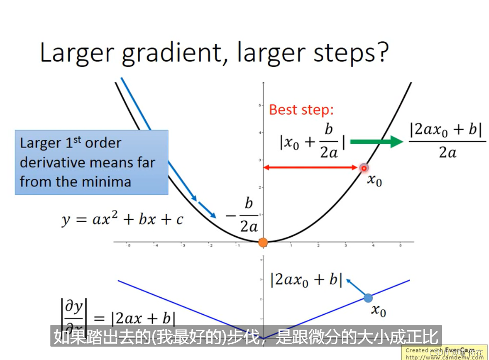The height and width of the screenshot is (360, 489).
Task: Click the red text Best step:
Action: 301,109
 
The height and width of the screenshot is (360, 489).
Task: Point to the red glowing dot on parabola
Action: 364,168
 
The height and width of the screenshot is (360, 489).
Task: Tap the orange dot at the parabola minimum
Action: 263,242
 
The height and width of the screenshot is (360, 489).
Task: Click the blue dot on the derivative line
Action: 368,298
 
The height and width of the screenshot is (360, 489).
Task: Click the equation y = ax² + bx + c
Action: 122,219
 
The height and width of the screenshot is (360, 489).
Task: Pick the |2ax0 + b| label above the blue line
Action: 306,280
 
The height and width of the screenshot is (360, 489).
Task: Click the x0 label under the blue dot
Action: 378,311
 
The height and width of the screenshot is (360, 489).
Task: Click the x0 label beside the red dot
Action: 374,180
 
